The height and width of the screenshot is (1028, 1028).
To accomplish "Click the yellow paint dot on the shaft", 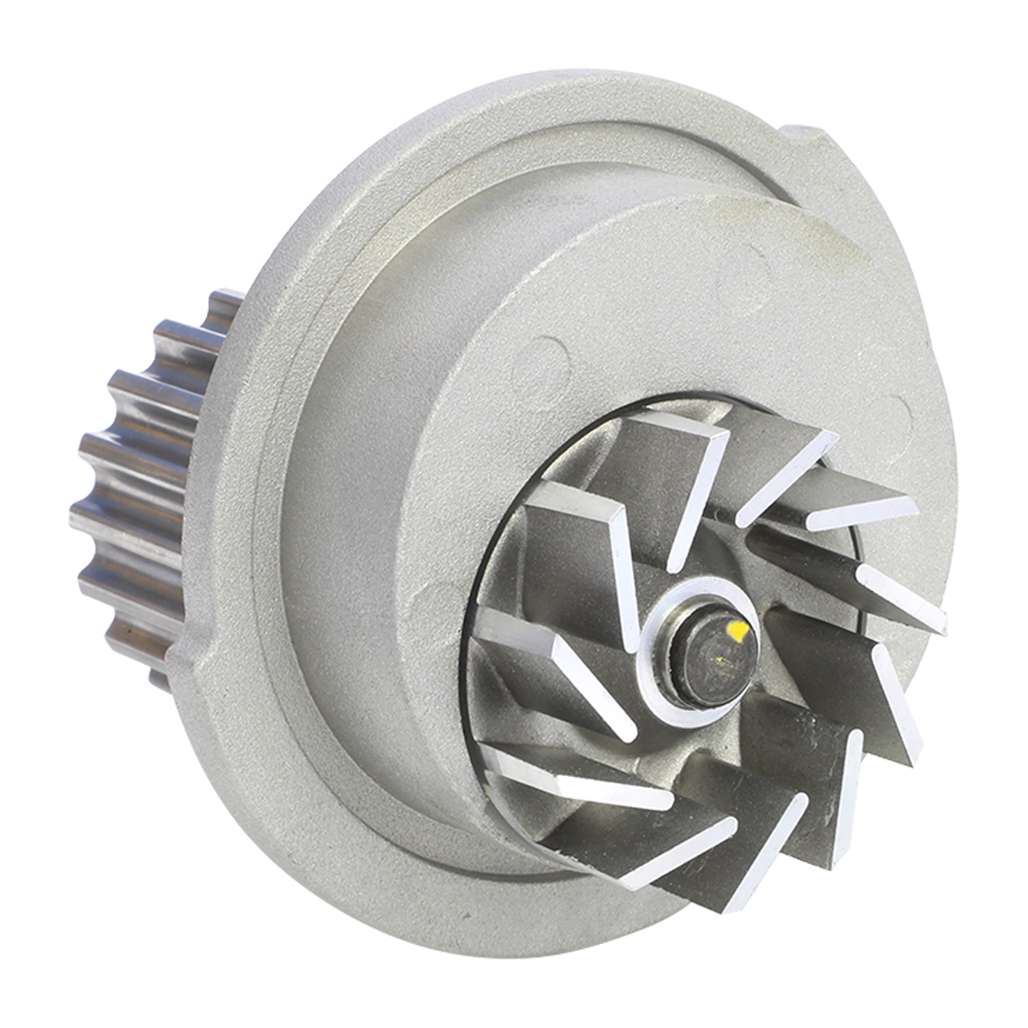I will click(x=737, y=632).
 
